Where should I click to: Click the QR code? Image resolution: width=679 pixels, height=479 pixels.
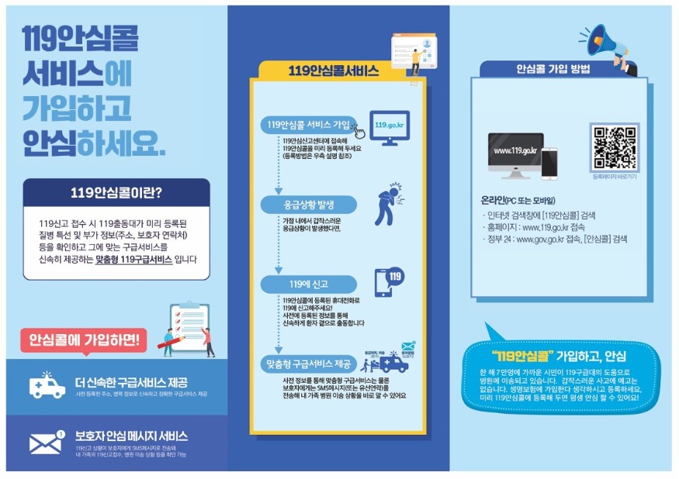tap(614, 147)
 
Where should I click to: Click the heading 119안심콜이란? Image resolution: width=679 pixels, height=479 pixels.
tap(116, 192)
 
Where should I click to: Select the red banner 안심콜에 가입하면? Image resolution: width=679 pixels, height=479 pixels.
tap(83, 339)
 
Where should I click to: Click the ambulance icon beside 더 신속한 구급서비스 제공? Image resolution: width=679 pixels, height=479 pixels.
tap(47, 385)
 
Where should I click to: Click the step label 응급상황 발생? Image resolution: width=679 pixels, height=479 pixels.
tap(308, 205)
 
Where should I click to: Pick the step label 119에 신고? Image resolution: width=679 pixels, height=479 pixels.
tap(308, 284)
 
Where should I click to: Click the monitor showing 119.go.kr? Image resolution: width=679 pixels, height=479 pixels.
tap(390, 127)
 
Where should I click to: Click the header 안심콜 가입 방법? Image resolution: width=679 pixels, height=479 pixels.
tap(553, 69)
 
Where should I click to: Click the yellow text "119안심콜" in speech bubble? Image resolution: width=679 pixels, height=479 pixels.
tap(521, 357)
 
